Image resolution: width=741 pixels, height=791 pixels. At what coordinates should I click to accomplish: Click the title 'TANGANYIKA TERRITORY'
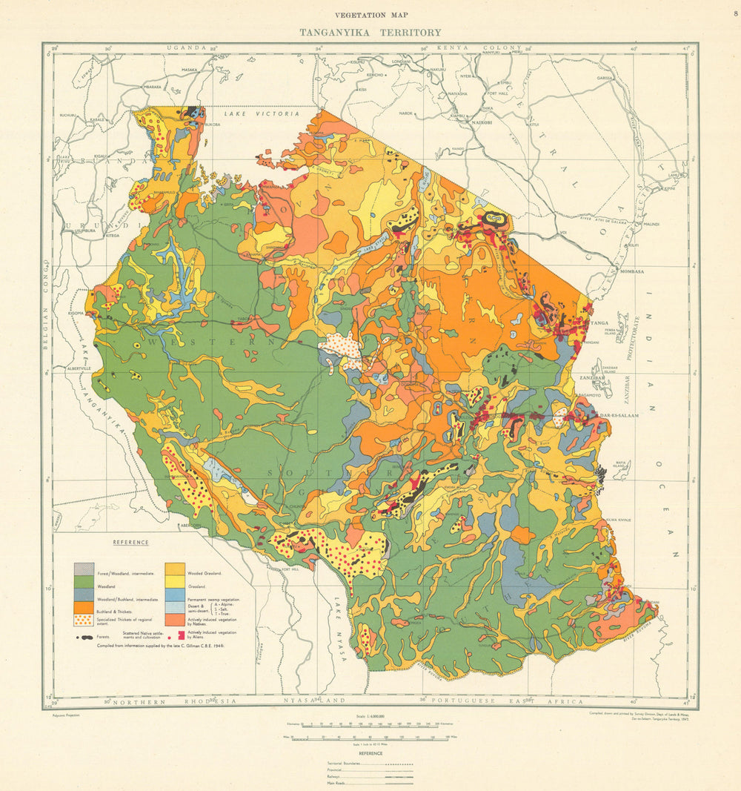370,33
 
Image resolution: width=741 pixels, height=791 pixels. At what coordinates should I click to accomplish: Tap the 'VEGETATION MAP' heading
370,15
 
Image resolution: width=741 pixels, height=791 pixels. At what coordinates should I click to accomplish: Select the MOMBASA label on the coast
634,271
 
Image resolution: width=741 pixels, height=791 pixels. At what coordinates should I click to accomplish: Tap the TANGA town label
599,323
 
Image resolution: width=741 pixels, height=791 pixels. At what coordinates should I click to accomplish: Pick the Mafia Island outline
600,470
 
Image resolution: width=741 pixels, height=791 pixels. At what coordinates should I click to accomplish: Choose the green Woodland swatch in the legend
83,583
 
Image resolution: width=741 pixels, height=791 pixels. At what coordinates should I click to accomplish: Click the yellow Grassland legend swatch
175,583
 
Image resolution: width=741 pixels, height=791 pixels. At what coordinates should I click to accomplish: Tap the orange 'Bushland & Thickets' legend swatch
83,607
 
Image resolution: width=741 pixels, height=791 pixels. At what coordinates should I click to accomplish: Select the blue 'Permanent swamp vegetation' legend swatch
175,595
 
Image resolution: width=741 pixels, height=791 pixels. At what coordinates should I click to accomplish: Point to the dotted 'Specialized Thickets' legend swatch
83,620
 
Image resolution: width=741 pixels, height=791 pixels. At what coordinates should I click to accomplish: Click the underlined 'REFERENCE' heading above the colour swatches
130,543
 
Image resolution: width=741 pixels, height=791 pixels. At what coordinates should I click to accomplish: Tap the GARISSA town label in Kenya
605,78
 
